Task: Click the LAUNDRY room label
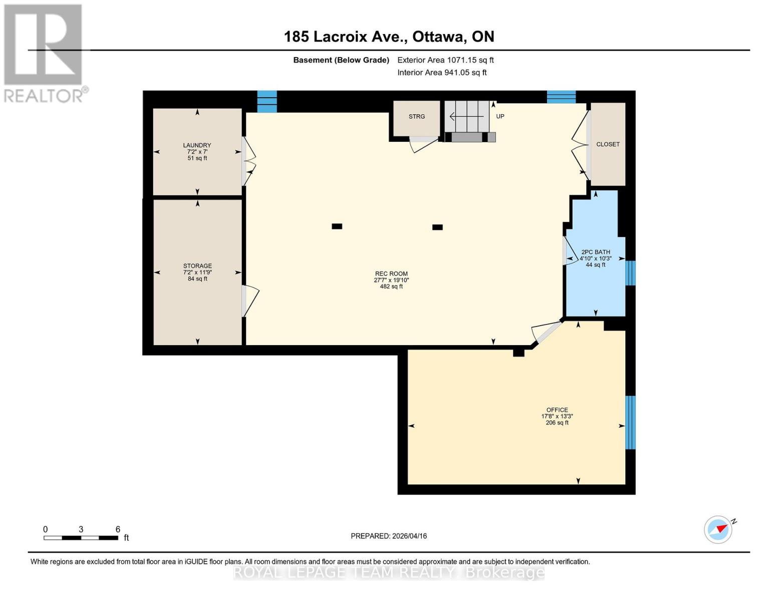point(197,145)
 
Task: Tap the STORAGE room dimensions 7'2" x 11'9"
point(197,272)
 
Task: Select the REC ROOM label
point(391,274)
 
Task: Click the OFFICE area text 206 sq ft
point(557,423)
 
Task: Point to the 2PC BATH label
point(596,252)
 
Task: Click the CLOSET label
point(608,144)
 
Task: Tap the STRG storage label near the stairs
point(416,117)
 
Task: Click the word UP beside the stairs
point(500,116)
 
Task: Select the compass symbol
point(718,529)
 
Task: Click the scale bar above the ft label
point(81,538)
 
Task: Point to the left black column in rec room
point(337,226)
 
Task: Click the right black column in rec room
point(437,227)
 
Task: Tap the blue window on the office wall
point(631,422)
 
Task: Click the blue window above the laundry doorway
point(267,101)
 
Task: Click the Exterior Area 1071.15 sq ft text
point(445,60)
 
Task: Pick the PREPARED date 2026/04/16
point(389,536)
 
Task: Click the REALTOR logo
point(44,53)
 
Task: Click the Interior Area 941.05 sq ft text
point(442,73)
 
